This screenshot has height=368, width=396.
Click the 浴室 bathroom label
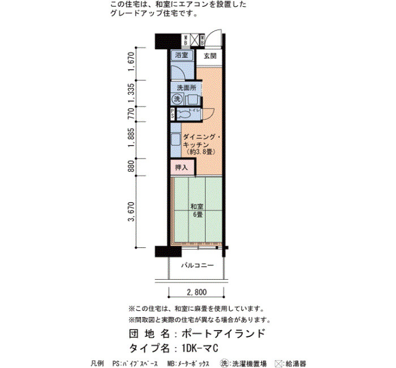(x=182, y=55)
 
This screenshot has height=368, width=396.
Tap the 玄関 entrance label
(x=210, y=56)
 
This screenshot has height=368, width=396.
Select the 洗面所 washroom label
(x=187, y=88)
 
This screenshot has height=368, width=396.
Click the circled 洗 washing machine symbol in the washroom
(x=177, y=99)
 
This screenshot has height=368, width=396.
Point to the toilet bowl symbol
(x=184, y=115)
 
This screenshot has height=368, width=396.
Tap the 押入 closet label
(x=182, y=167)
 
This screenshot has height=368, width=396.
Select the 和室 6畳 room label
(x=197, y=211)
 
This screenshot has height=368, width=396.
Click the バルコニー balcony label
(x=197, y=266)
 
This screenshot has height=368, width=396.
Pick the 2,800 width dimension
(x=197, y=292)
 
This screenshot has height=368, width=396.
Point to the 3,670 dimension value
(x=132, y=211)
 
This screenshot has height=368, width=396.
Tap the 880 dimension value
(x=131, y=166)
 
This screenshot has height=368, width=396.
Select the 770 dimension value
(x=131, y=114)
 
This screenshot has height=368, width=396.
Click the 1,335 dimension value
(x=131, y=93)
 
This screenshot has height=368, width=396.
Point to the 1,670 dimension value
(x=131, y=62)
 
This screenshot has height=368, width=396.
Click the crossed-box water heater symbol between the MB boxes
(x=195, y=40)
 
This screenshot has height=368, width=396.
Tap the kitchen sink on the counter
(x=175, y=139)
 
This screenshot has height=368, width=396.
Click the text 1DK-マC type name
(x=200, y=349)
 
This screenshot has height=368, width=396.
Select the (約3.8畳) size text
(x=201, y=152)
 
